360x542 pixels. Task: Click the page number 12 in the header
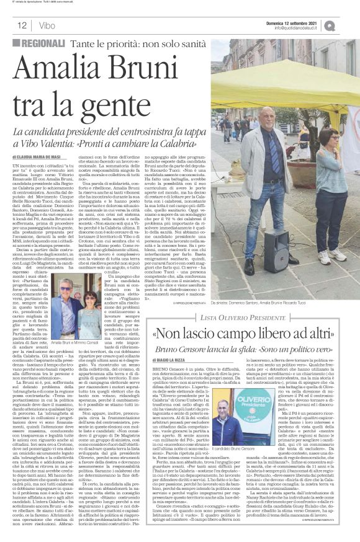21,25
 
